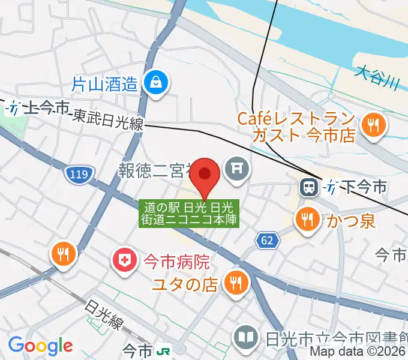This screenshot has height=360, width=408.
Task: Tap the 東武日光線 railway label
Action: [x=108, y=120]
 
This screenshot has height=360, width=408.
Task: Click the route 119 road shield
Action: [x=74, y=175]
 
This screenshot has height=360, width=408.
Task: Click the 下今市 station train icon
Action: [x=308, y=188]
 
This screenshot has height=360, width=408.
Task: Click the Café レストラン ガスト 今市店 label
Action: [x=296, y=127]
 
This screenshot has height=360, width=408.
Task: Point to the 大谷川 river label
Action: [x=377, y=79]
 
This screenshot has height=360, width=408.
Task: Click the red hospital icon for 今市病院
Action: [x=124, y=261]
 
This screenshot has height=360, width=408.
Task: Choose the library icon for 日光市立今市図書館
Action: [x=247, y=336]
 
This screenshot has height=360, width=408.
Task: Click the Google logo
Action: [x=40, y=346]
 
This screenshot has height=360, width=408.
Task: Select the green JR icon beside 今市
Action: [x=163, y=349]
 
